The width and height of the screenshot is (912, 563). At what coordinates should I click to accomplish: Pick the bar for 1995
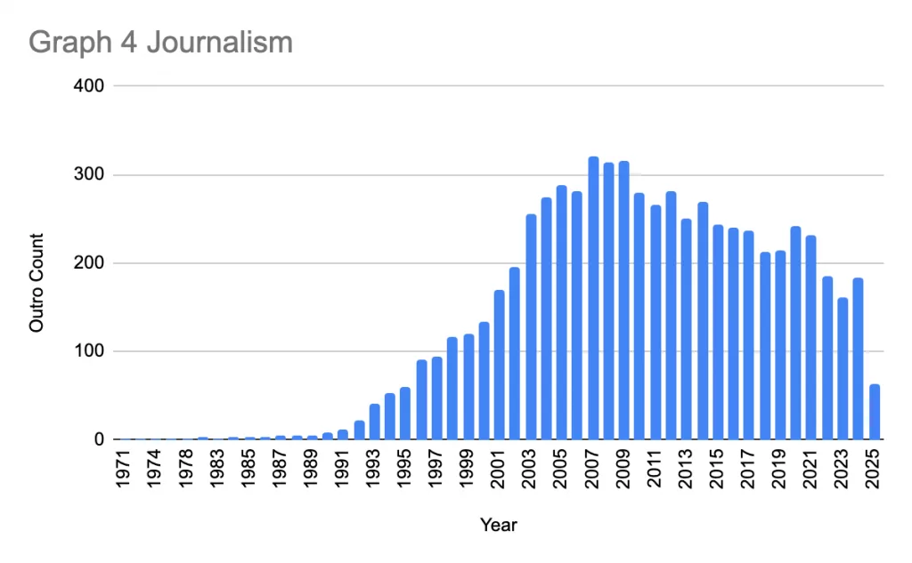tap(405, 414)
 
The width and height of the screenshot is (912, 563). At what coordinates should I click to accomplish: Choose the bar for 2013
tap(686, 329)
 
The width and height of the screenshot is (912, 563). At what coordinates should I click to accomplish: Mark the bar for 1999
tap(468, 387)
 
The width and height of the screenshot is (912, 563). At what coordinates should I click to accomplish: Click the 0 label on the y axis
tap(100, 439)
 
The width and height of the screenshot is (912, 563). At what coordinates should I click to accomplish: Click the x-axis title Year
tap(499, 525)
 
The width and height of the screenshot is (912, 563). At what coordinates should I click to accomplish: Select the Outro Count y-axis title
tap(37, 282)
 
